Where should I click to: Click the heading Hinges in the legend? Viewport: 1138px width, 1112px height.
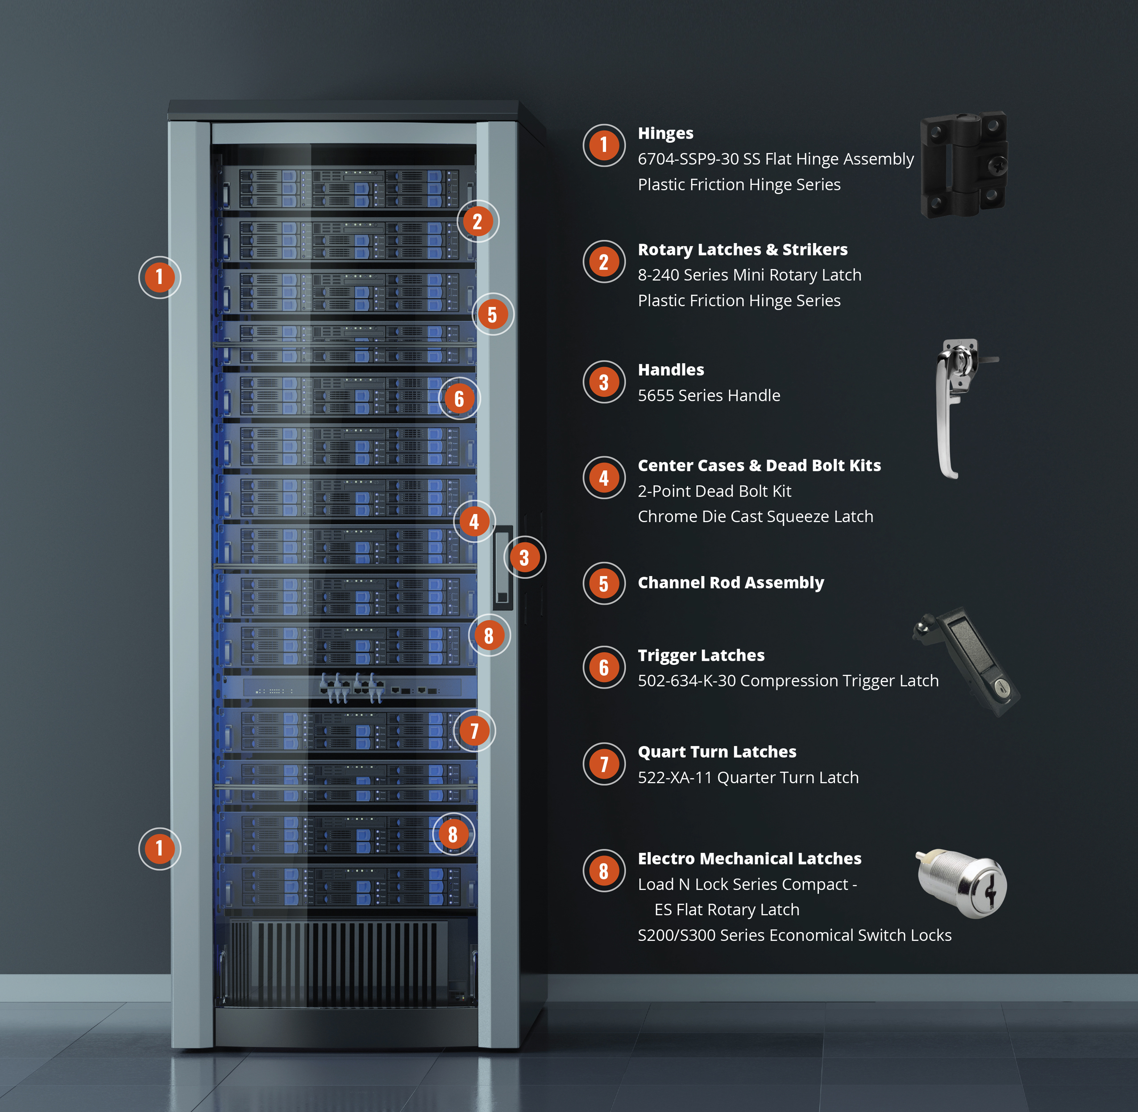coord(665,134)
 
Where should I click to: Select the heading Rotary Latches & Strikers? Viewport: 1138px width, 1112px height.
coord(743,249)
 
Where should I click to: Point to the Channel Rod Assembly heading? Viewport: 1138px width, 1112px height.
coord(731,582)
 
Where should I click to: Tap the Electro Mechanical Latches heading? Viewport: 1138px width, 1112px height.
coord(749,859)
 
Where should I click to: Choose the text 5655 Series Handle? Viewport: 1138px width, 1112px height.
coord(709,395)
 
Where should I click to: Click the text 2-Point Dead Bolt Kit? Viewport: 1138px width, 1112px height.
coord(714,491)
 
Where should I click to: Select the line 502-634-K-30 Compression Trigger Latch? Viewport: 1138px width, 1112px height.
coord(788,681)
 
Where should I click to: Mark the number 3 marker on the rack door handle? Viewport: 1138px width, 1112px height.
coord(525,557)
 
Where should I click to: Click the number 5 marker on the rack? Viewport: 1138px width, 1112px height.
coord(493,314)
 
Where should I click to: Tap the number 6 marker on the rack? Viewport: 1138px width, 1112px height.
coord(459,398)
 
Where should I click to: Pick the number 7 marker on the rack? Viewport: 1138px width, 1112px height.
coord(474,730)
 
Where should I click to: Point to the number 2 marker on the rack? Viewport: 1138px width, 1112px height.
coord(478,221)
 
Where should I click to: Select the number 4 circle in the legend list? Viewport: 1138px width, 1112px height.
coord(604,478)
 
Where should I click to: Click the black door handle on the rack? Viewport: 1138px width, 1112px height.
coord(503,567)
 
